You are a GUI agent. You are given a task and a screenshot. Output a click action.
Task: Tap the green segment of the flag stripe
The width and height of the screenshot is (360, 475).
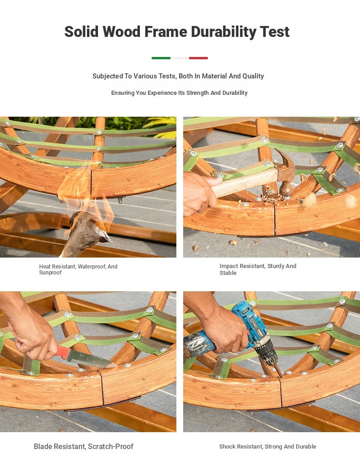pos(161,58)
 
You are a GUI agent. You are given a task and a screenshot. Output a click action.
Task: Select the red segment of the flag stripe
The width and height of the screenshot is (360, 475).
pos(198,58)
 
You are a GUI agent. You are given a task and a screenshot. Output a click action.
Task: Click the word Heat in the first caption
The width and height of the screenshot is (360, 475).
pos(45,267)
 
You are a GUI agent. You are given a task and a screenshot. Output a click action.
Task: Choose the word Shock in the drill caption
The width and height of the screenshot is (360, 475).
pos(226,447)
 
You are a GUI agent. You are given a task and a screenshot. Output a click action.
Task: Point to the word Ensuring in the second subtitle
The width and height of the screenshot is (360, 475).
pos(122,93)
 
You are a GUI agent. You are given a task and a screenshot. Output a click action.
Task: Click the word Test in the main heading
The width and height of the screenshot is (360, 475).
pos(275,32)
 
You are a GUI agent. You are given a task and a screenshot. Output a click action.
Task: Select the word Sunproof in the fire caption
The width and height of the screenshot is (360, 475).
pos(50,273)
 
